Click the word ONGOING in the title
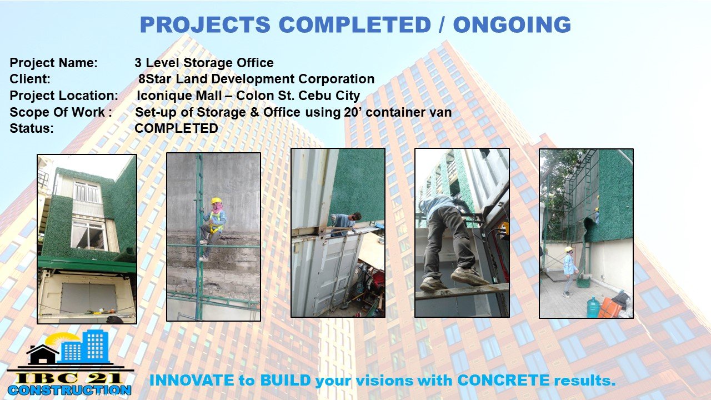(512, 24)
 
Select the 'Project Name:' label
(54, 63)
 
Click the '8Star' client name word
(155, 79)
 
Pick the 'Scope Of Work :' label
(61, 112)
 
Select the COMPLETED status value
(176, 128)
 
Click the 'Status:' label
(32, 128)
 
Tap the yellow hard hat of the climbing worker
(216, 201)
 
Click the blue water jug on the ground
(593, 307)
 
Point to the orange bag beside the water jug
(609, 308)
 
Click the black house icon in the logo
(43, 354)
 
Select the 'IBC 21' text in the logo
(69, 378)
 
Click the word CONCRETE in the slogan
(503, 381)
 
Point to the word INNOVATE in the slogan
(192, 381)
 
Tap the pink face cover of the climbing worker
(217, 208)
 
